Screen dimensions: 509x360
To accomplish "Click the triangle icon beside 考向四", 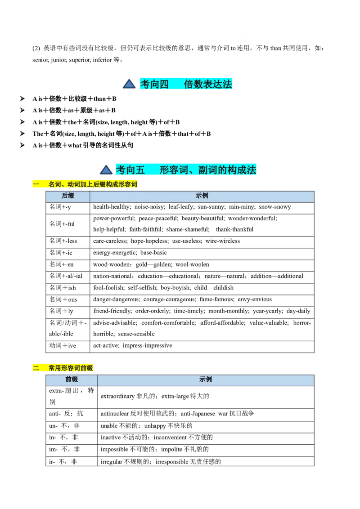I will [x=129, y=84].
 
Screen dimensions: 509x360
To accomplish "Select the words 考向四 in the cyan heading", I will [x=154, y=84].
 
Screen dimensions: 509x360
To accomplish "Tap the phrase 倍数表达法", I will [x=208, y=84].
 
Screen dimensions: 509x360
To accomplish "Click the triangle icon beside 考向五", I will [x=106, y=170].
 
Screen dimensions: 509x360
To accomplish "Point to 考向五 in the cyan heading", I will [x=130, y=170].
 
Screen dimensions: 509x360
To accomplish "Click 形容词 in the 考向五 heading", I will [x=174, y=170].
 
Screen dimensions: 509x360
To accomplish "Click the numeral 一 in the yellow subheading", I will [x=36, y=184].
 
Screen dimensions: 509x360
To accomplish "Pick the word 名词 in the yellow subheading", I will [x=54, y=184].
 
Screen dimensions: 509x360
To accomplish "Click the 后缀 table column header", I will [x=68, y=196].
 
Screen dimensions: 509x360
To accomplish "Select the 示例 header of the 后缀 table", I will [x=202, y=196].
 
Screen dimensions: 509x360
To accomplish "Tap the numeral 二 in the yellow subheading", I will [x=36, y=368].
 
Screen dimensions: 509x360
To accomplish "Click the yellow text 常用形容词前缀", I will [x=71, y=368].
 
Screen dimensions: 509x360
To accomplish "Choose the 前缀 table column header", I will [x=72, y=380].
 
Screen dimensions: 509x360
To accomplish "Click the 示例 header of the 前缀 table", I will [x=206, y=380].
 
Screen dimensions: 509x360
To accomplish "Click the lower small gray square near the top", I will [x=243, y=41].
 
